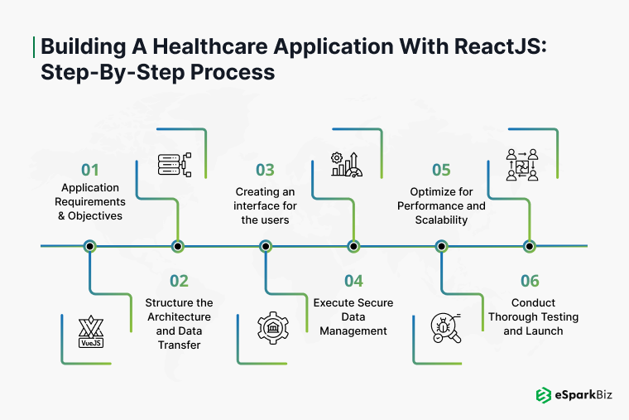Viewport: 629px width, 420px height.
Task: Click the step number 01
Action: tap(89, 170)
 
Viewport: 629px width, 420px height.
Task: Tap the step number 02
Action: tap(179, 281)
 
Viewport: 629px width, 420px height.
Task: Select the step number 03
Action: tap(265, 170)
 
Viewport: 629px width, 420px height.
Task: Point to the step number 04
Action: tap(353, 281)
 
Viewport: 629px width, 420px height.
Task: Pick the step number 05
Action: tap(441, 170)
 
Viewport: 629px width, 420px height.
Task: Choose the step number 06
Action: tap(531, 281)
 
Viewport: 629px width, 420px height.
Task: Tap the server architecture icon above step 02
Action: tap(174, 162)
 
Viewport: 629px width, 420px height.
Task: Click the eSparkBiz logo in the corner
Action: tap(573, 396)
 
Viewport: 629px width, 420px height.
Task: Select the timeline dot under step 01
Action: tap(90, 246)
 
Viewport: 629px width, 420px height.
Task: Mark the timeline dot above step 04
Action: tap(353, 246)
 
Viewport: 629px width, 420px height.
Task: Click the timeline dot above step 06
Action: tap(530, 246)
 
